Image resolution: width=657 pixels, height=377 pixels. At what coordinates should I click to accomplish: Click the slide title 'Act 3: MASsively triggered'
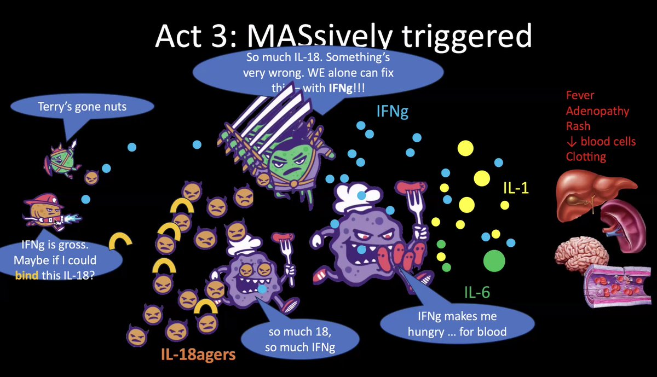click(343, 37)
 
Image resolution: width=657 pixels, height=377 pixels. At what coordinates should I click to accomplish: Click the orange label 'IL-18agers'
click(199, 355)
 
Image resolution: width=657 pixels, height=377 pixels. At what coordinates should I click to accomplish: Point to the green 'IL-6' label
click(474, 293)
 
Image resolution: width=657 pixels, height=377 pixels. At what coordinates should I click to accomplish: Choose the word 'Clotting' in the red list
click(586, 156)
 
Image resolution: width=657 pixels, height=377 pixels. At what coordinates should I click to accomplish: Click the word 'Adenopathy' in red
click(597, 111)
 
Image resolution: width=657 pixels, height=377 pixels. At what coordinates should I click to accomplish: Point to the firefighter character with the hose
click(44, 211)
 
